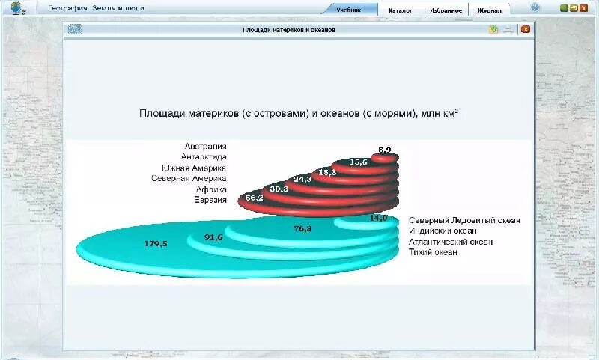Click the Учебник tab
348,10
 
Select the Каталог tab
400,10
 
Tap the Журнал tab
490,10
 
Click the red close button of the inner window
526,30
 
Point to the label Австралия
206,147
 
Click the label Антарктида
204,157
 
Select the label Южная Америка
193,168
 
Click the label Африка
211,189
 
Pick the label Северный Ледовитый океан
465,221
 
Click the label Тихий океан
434,253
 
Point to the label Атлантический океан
451,242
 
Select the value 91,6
213,237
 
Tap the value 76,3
302,229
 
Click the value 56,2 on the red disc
255,198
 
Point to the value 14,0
379,218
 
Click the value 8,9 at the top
385,150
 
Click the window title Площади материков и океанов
289,30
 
